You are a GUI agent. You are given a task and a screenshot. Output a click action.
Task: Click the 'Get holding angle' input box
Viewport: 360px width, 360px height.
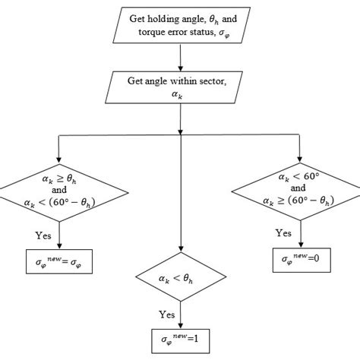(180, 24)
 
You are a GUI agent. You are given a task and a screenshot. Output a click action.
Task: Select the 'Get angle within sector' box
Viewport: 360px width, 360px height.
(180, 86)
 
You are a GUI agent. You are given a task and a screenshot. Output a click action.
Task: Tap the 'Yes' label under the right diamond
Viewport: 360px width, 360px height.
(283, 232)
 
